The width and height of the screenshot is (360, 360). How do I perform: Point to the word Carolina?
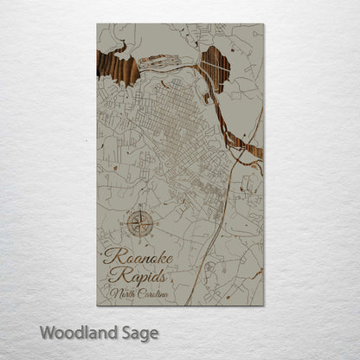coord(151,294)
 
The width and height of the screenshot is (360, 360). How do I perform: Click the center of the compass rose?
coord(140,225)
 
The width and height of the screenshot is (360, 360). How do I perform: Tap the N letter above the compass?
coord(140,208)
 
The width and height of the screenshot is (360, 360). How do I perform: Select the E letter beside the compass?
coord(157,225)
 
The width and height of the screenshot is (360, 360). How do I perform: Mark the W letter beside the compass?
coord(124,225)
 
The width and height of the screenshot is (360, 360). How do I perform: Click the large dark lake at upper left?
coord(118,67)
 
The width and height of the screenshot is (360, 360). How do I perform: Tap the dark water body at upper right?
coord(214,67)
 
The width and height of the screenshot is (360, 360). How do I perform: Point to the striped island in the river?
coord(158,62)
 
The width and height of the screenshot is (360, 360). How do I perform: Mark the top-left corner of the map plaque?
coord(97,24)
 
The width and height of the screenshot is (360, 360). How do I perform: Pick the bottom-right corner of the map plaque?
coord(263,305)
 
